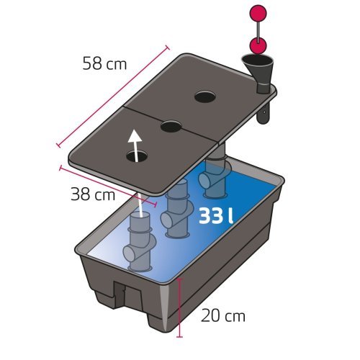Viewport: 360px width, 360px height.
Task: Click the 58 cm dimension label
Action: pyautogui.click(x=104, y=63)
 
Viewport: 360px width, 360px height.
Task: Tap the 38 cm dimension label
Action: pyautogui.click(x=93, y=194)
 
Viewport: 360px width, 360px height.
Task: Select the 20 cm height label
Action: pyautogui.click(x=223, y=315)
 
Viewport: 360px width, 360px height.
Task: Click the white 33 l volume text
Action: pyautogui.click(x=216, y=216)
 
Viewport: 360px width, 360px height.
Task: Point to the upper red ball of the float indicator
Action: pyautogui.click(x=258, y=14)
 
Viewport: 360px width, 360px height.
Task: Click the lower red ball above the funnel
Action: pyautogui.click(x=258, y=45)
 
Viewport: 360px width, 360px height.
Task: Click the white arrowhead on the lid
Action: pyautogui.click(x=135, y=136)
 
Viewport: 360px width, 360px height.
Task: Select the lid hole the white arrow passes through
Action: pyautogui.click(x=138, y=156)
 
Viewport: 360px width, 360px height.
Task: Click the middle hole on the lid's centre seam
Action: pyautogui.click(x=171, y=126)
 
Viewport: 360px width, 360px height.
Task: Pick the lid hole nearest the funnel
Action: pyautogui.click(x=204, y=97)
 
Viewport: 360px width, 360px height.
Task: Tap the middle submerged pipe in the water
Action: pyautogui.click(x=177, y=209)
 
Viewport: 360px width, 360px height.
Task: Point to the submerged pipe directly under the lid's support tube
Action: pyautogui.click(x=215, y=179)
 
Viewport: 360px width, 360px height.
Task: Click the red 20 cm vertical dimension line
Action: pyautogui.click(x=179, y=307)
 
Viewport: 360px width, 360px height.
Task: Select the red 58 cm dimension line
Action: pyautogui.click(x=113, y=96)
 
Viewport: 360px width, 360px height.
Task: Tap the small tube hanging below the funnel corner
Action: pyautogui.click(x=264, y=113)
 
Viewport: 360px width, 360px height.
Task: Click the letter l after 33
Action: pyautogui.click(x=230, y=215)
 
